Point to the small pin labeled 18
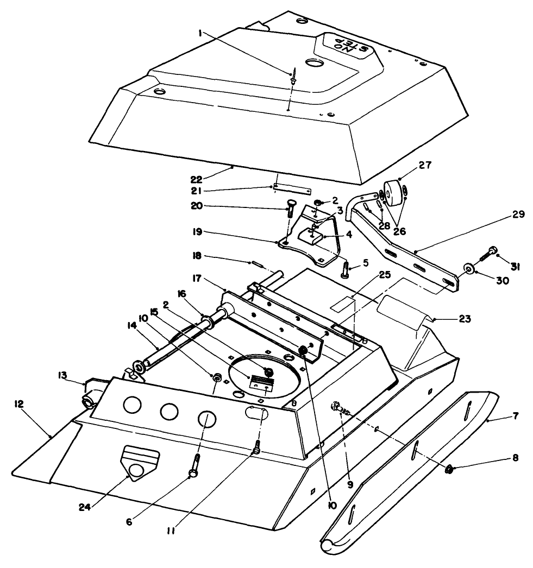(256, 264)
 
